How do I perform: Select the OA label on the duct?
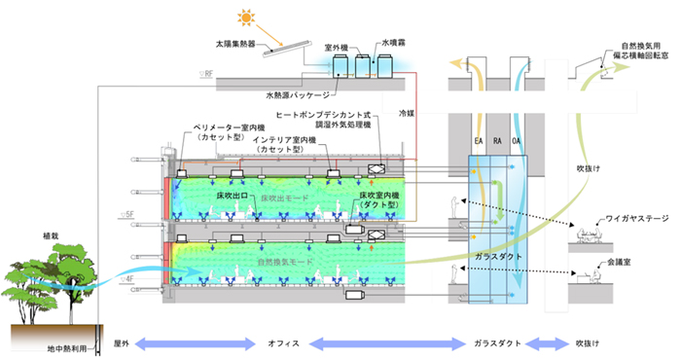point(518,142)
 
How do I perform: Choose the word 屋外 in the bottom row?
point(122,343)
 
